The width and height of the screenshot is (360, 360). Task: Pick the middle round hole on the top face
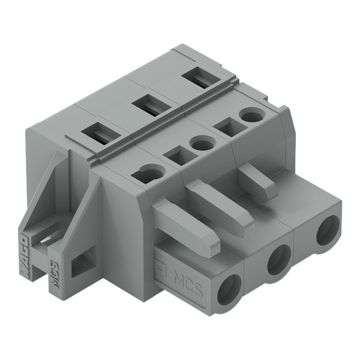coord(202,144)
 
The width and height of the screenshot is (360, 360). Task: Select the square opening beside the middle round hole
coord(174,153)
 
